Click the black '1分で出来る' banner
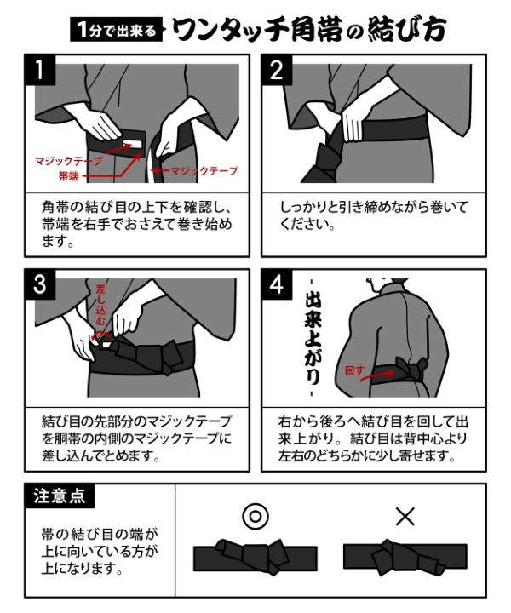[x=116, y=30]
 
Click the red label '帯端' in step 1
[x=69, y=175]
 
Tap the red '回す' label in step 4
[x=353, y=372]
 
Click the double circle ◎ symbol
[x=255, y=516]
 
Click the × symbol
[x=405, y=516]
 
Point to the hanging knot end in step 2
[x=329, y=166]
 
